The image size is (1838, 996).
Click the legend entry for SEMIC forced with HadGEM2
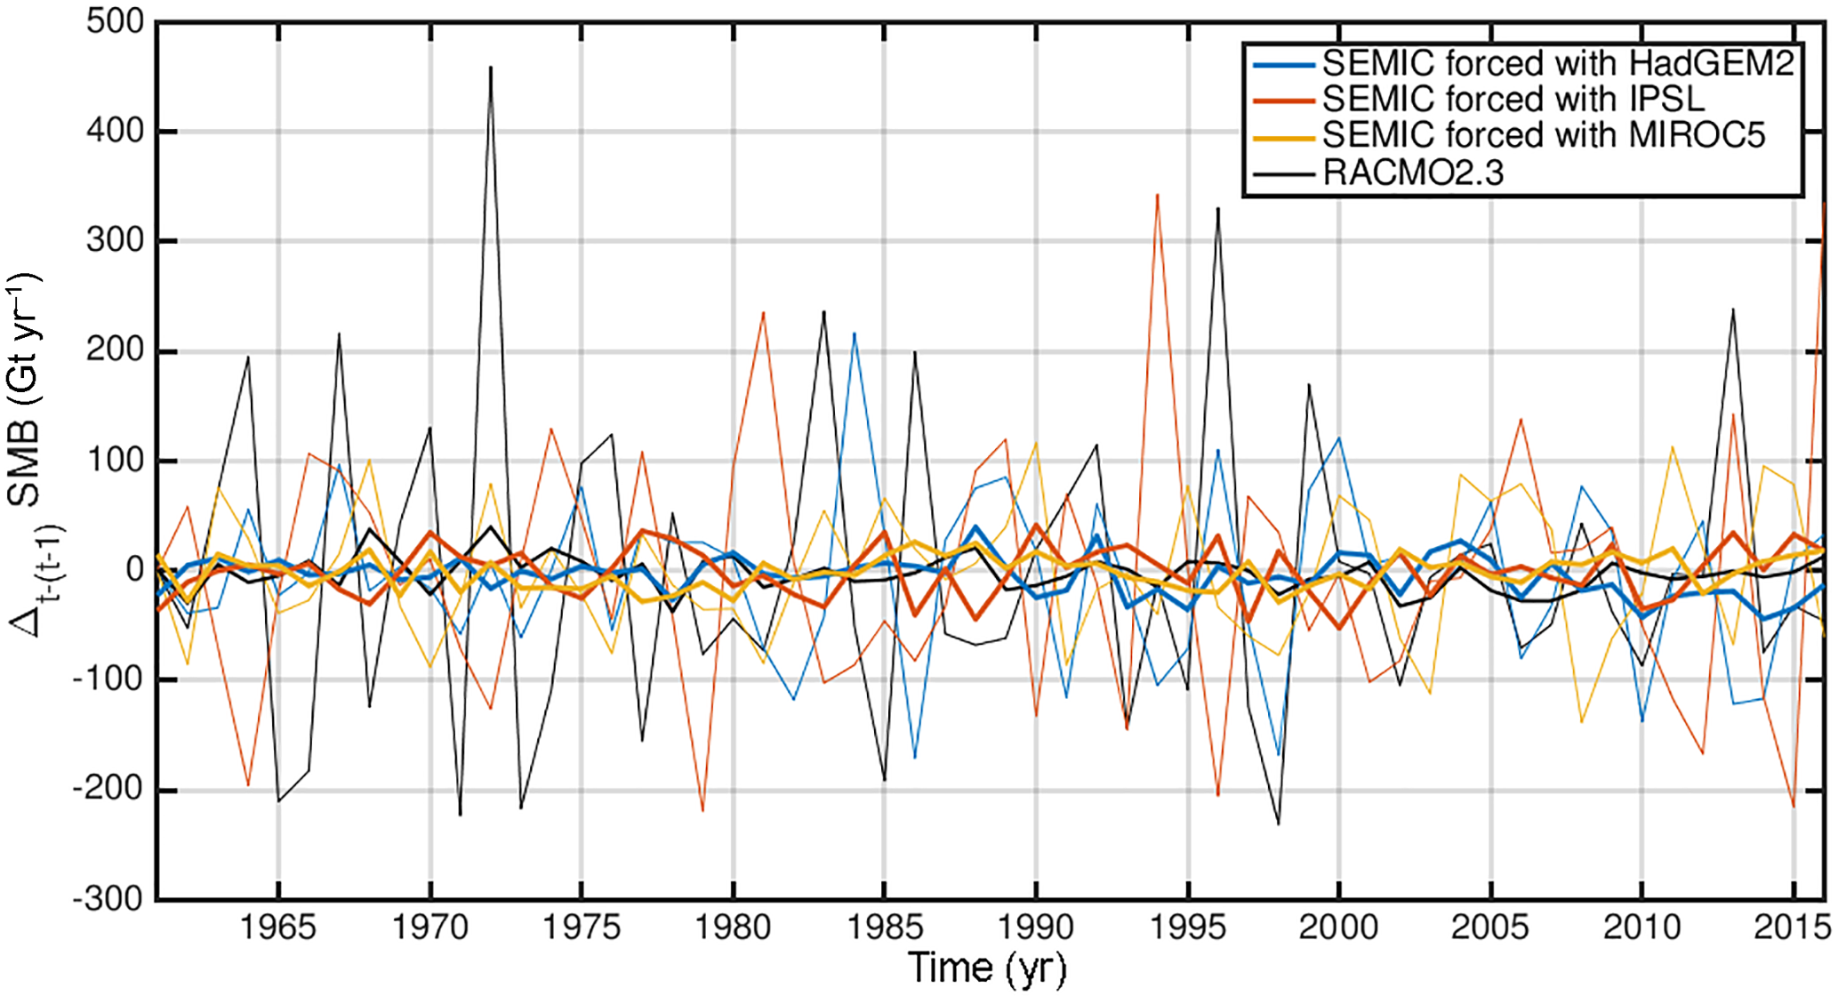(1557, 63)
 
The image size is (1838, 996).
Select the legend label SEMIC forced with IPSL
(1513, 99)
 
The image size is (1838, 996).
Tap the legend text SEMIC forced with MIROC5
(1543, 135)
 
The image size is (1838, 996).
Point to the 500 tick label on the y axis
(115, 21)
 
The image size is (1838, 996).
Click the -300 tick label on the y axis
(108, 898)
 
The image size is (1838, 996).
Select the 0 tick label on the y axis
(134, 569)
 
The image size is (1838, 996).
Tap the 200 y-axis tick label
(115, 350)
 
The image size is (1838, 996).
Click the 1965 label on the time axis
(278, 928)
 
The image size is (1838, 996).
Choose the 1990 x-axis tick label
(1036, 928)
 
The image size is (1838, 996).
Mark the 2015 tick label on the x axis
(1792, 928)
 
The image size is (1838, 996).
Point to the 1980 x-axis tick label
(733, 928)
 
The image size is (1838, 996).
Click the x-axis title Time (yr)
(987, 968)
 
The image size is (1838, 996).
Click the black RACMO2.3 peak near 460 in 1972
(491, 68)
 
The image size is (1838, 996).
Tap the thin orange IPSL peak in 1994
(1157, 195)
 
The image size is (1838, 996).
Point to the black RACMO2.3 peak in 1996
(1218, 209)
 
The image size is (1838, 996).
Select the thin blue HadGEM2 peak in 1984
(855, 333)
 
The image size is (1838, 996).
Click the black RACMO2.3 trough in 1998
(1279, 823)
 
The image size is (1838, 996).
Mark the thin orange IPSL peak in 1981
(764, 313)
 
